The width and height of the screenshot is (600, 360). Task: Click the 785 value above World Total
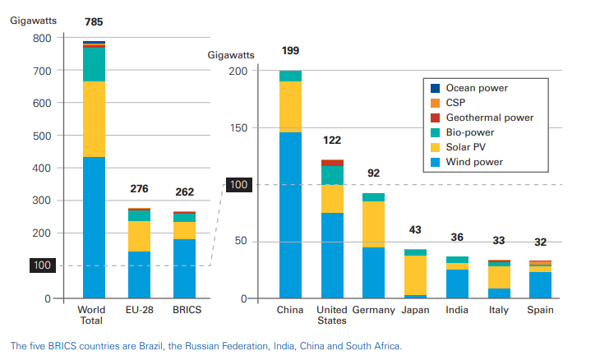[x=94, y=21]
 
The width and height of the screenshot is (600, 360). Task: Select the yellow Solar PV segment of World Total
[x=94, y=119]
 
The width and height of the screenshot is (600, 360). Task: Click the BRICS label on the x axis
[x=185, y=310]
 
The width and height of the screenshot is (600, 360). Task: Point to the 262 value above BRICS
[x=184, y=192]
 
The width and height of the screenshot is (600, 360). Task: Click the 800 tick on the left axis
[x=42, y=38]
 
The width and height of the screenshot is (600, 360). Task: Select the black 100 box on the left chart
[x=42, y=265]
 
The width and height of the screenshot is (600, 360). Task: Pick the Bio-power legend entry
[x=469, y=132]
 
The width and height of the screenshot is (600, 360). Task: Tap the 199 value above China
[x=290, y=51]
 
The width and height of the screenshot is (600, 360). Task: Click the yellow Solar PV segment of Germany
[x=373, y=224]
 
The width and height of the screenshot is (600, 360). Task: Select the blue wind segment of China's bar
[x=290, y=215]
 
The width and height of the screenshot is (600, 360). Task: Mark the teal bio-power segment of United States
[x=332, y=175]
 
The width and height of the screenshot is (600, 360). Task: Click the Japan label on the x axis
[x=415, y=310]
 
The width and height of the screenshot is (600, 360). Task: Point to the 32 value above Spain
[x=540, y=242]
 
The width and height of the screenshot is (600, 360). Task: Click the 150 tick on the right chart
[x=237, y=128]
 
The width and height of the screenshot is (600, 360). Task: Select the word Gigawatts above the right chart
[x=232, y=55]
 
